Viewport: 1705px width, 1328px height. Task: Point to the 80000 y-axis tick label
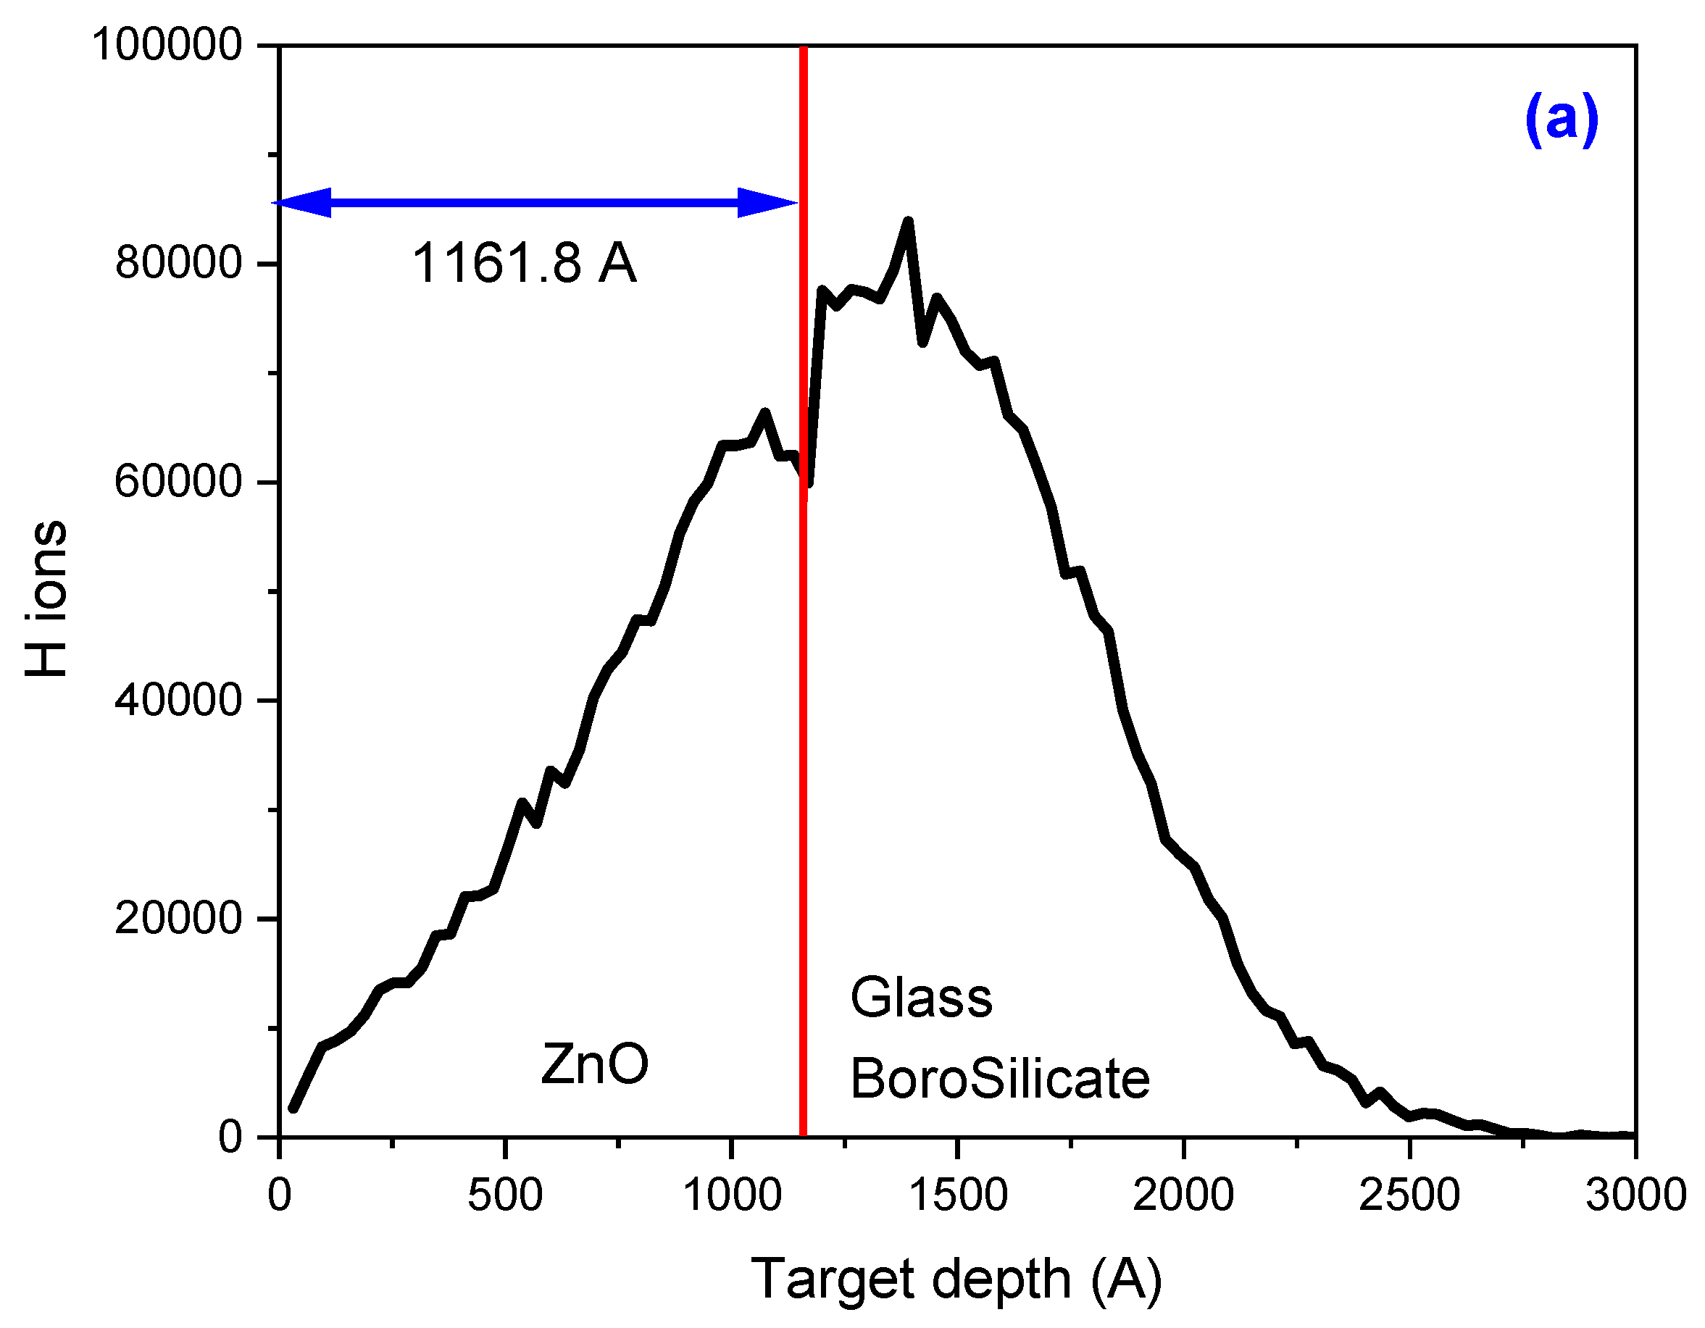(x=179, y=263)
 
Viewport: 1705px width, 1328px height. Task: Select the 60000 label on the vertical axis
(x=179, y=482)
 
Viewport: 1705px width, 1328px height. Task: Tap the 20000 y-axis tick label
(x=179, y=918)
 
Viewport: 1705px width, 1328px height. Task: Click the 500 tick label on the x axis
(x=504, y=1195)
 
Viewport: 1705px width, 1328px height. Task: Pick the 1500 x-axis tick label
(x=958, y=1195)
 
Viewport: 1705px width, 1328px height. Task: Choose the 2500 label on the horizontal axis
(x=1409, y=1195)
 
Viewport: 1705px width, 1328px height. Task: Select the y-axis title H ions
(x=47, y=599)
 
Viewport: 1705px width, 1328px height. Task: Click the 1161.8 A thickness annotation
(x=524, y=263)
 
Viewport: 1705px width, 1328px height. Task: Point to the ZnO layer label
(x=594, y=1064)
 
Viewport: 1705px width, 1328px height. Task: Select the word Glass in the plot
(x=921, y=998)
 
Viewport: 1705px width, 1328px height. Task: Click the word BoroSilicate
(x=1000, y=1079)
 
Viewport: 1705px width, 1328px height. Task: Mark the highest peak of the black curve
(x=908, y=222)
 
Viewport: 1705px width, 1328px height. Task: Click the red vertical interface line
(x=804, y=703)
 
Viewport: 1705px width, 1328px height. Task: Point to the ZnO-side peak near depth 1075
(x=765, y=412)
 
